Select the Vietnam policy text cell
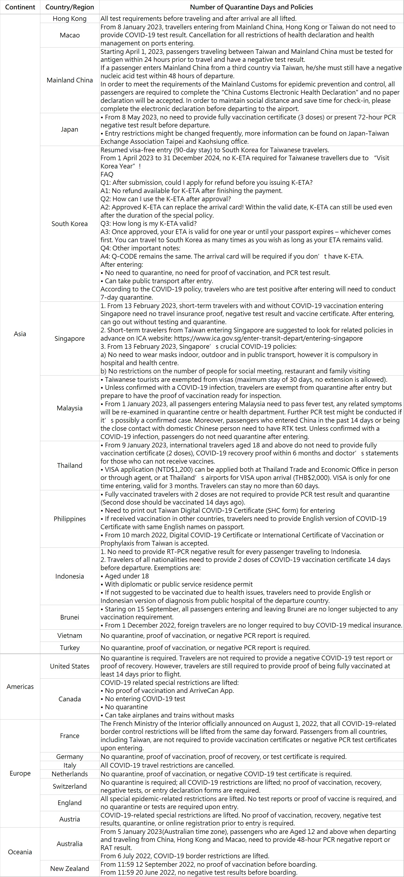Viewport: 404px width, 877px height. click(x=205, y=636)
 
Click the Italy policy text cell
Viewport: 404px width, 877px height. click(x=167, y=765)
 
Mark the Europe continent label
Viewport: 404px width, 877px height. click(x=20, y=773)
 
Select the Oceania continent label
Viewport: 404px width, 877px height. click(x=20, y=852)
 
